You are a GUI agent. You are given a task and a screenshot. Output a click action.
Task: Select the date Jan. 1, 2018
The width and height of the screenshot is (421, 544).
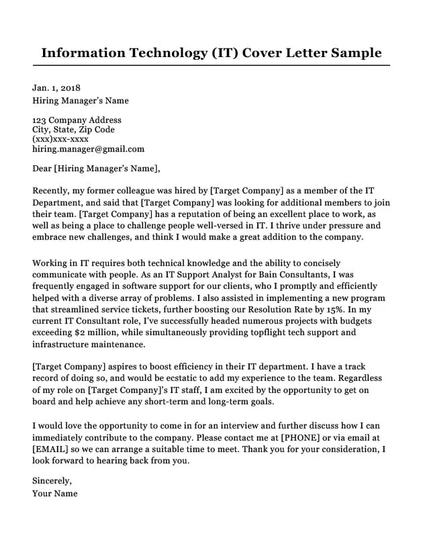[56, 88]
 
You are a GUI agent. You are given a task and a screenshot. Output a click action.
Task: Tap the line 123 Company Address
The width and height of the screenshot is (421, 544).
[77, 120]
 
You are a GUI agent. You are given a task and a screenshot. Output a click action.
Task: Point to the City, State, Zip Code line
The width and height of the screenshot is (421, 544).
[73, 130]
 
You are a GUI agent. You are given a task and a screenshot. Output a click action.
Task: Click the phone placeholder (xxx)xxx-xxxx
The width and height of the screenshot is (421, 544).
[60, 139]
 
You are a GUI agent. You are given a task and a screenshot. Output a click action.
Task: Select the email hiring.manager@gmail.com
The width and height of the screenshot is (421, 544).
[88, 148]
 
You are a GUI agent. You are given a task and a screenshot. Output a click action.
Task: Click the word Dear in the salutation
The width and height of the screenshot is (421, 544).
[42, 168]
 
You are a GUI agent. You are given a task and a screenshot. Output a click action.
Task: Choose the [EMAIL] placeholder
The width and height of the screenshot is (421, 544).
[52, 450]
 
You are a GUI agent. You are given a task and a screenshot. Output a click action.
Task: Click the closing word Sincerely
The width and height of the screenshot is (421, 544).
[52, 481]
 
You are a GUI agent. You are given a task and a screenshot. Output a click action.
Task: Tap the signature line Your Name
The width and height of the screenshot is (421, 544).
[55, 493]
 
